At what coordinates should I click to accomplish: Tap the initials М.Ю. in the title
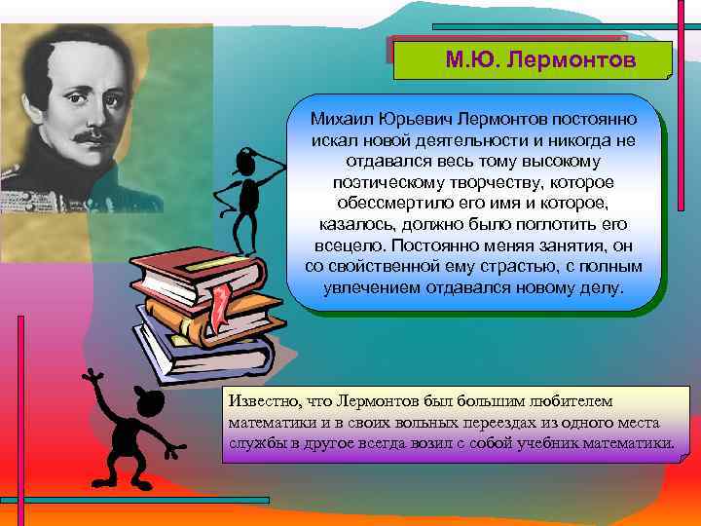pyautogui.click(x=471, y=59)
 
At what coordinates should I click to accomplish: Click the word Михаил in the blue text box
pyautogui.click(x=341, y=119)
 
